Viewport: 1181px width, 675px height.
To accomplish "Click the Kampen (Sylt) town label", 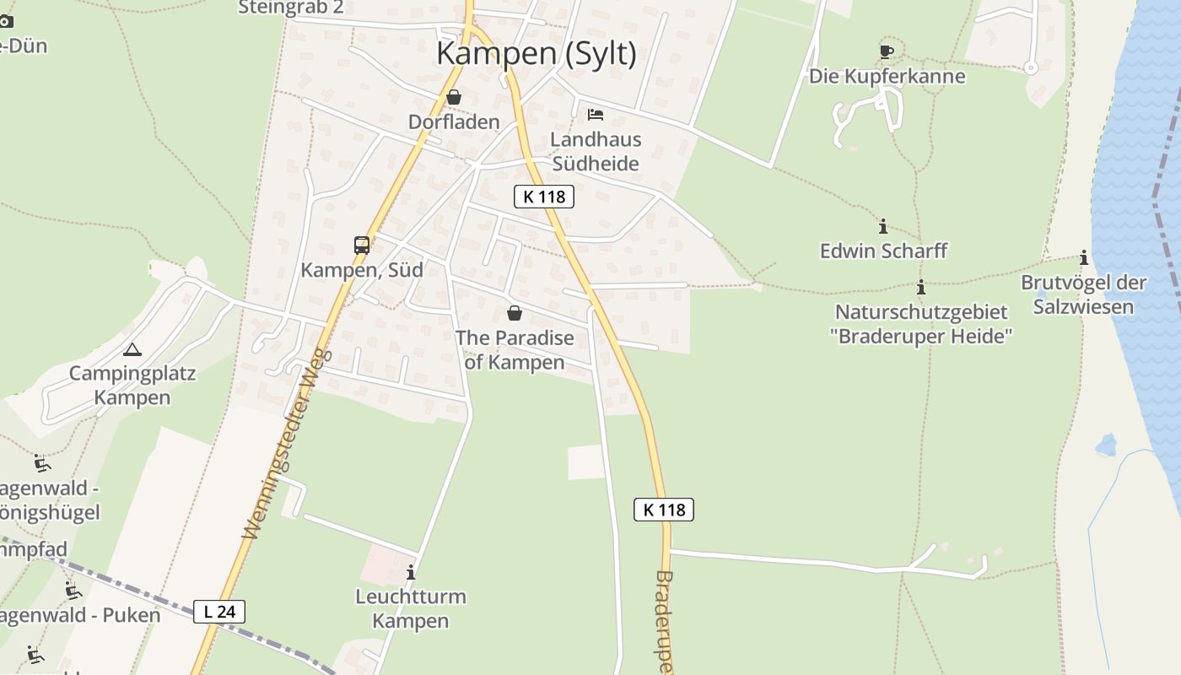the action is [536, 53].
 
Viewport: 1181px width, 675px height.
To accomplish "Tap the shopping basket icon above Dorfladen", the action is [454, 97].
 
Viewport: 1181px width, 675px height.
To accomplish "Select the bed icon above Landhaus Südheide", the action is [596, 115].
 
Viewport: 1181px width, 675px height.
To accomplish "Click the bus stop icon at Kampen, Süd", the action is [362, 246].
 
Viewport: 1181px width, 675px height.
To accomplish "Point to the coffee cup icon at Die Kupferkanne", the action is [886, 51].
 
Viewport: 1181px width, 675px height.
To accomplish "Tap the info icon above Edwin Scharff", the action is [883, 226].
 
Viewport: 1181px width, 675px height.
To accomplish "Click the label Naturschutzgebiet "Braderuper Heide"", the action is [921, 324].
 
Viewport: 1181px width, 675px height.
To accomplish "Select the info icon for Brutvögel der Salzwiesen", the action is [1084, 257].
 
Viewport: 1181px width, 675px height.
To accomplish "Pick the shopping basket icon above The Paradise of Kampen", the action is [515, 313].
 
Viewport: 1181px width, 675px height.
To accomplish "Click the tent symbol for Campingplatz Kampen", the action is [132, 349].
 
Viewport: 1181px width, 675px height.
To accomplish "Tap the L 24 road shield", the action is [219, 612].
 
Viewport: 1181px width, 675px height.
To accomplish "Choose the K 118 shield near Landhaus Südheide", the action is [544, 197].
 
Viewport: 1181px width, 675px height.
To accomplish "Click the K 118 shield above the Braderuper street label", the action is [664, 510].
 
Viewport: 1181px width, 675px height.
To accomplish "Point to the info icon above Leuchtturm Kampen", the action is [411, 572].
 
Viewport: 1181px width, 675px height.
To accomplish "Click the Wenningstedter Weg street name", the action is [288, 445].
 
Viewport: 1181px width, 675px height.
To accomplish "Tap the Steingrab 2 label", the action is [291, 8].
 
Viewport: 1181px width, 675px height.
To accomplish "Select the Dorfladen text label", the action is [454, 121].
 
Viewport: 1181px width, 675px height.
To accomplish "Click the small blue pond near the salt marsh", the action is [1105, 444].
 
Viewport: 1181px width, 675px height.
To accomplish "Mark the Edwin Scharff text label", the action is [883, 251].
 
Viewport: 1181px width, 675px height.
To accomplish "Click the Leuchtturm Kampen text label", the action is [411, 608].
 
